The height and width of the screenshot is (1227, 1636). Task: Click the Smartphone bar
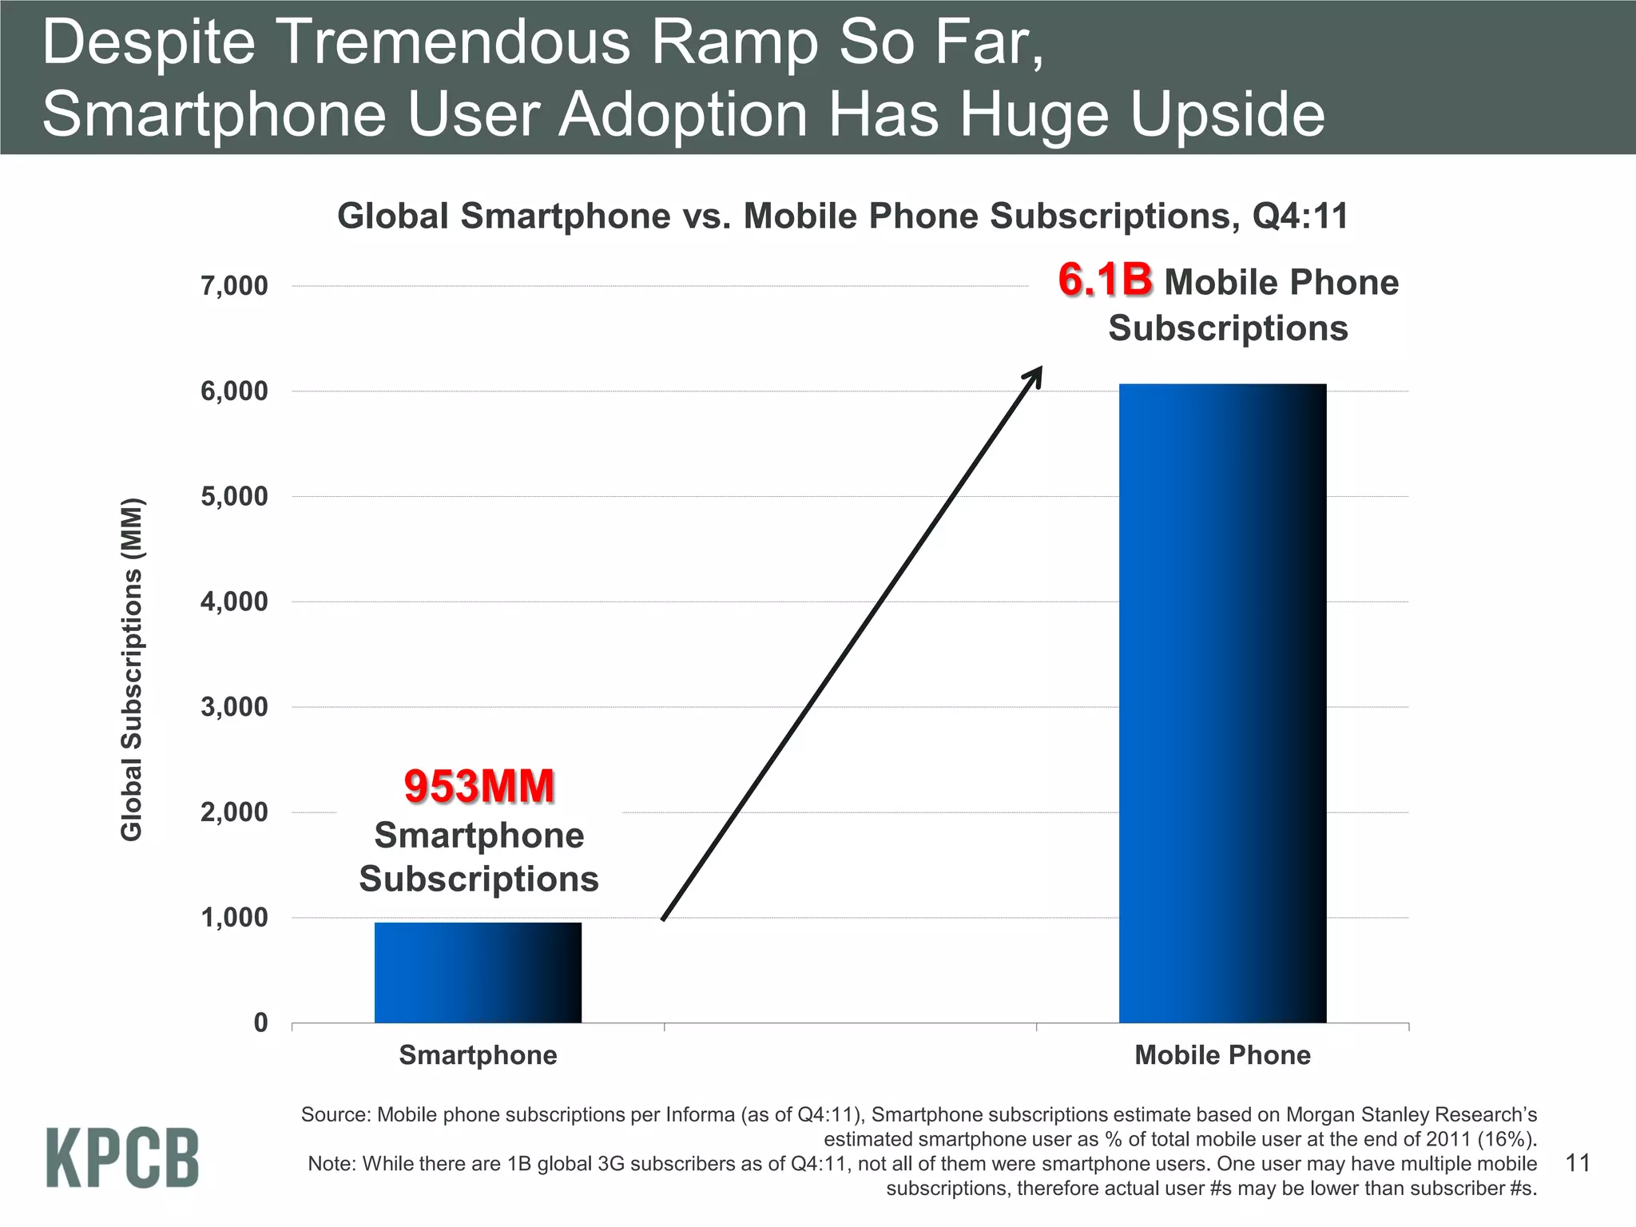(478, 972)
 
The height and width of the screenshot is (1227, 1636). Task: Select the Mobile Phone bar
(1222, 703)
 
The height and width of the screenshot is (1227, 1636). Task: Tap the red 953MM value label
(479, 786)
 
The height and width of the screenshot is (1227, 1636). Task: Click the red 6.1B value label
(1106, 280)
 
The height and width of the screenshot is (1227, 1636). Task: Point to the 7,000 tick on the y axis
(234, 286)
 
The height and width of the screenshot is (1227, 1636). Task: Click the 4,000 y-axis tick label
(234, 602)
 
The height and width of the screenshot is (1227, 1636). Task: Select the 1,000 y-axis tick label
(234, 918)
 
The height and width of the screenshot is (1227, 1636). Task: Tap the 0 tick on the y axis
(260, 1022)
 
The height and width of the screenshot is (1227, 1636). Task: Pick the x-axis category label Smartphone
(478, 1055)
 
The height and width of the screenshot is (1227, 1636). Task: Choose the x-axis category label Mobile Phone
(1222, 1055)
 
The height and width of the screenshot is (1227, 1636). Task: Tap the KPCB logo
(122, 1158)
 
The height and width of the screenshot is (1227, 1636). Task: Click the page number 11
(1578, 1162)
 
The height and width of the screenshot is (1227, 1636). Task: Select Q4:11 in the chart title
(1299, 216)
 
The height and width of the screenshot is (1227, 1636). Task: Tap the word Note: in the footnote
(332, 1163)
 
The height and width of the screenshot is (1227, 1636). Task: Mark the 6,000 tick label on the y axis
(234, 391)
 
